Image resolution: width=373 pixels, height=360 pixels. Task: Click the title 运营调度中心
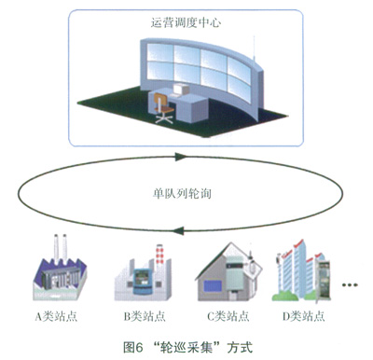[x=186, y=22]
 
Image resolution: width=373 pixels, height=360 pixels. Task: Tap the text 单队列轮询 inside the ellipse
[x=182, y=194]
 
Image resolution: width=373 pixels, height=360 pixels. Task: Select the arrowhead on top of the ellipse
[x=180, y=157]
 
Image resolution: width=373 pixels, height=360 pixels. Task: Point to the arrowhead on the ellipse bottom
[x=178, y=230]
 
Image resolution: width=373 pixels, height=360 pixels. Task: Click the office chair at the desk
[x=163, y=108]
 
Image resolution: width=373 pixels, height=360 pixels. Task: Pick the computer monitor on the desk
[x=181, y=89]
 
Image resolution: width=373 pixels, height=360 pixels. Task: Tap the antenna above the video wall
[x=255, y=49]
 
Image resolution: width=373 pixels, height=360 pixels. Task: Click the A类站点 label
[x=56, y=316]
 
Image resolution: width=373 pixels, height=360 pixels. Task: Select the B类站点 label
[x=145, y=316]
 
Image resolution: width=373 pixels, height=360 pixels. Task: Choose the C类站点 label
[x=228, y=316]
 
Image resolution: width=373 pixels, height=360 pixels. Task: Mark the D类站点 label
[x=304, y=316]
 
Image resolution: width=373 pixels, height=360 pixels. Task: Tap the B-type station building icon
[x=143, y=273]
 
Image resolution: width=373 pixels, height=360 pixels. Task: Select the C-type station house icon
[x=228, y=271]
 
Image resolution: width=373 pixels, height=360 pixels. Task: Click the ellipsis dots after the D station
[x=350, y=284]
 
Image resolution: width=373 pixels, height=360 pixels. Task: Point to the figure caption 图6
[x=132, y=347]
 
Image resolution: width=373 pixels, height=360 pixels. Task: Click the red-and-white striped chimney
[x=159, y=255]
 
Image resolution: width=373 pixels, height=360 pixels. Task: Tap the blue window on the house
[x=213, y=285]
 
